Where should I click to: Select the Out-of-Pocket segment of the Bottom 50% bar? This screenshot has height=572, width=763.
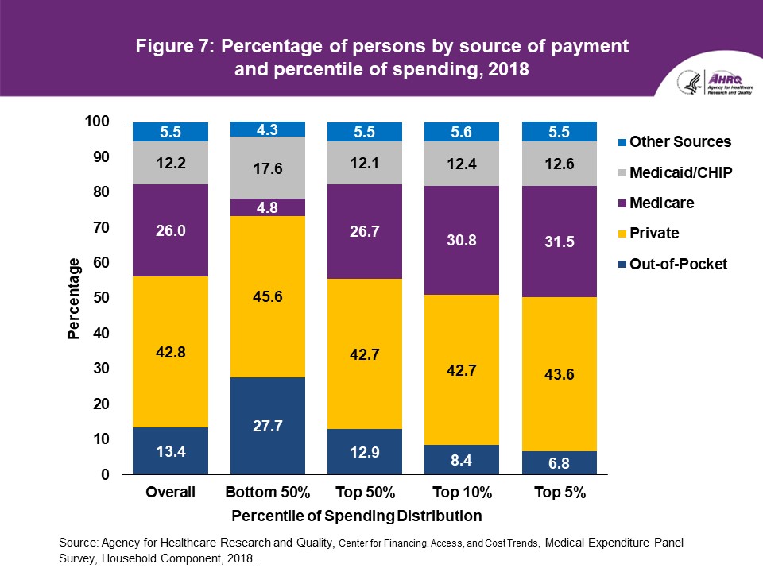(x=268, y=426)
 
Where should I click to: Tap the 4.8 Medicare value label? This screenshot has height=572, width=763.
(x=268, y=207)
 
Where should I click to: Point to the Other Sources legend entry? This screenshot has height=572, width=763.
(x=673, y=142)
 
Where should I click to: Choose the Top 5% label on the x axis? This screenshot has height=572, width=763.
(x=560, y=493)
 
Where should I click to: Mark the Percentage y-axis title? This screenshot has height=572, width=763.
(x=74, y=299)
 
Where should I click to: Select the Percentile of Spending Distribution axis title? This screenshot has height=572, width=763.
(x=357, y=516)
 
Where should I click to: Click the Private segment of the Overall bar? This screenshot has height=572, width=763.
(x=170, y=352)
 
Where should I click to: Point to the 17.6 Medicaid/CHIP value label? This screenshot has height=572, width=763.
(x=268, y=168)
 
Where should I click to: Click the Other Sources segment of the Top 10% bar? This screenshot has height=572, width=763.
(x=463, y=132)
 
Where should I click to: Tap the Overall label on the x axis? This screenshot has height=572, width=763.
(x=170, y=493)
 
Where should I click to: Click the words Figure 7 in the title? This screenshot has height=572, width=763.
(x=172, y=46)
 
